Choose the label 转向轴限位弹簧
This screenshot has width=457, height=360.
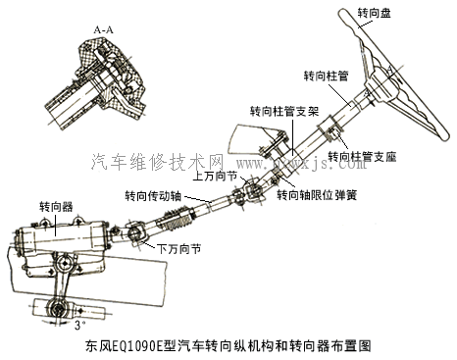pos(316,194)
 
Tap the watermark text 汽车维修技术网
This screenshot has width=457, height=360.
pos(157,159)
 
